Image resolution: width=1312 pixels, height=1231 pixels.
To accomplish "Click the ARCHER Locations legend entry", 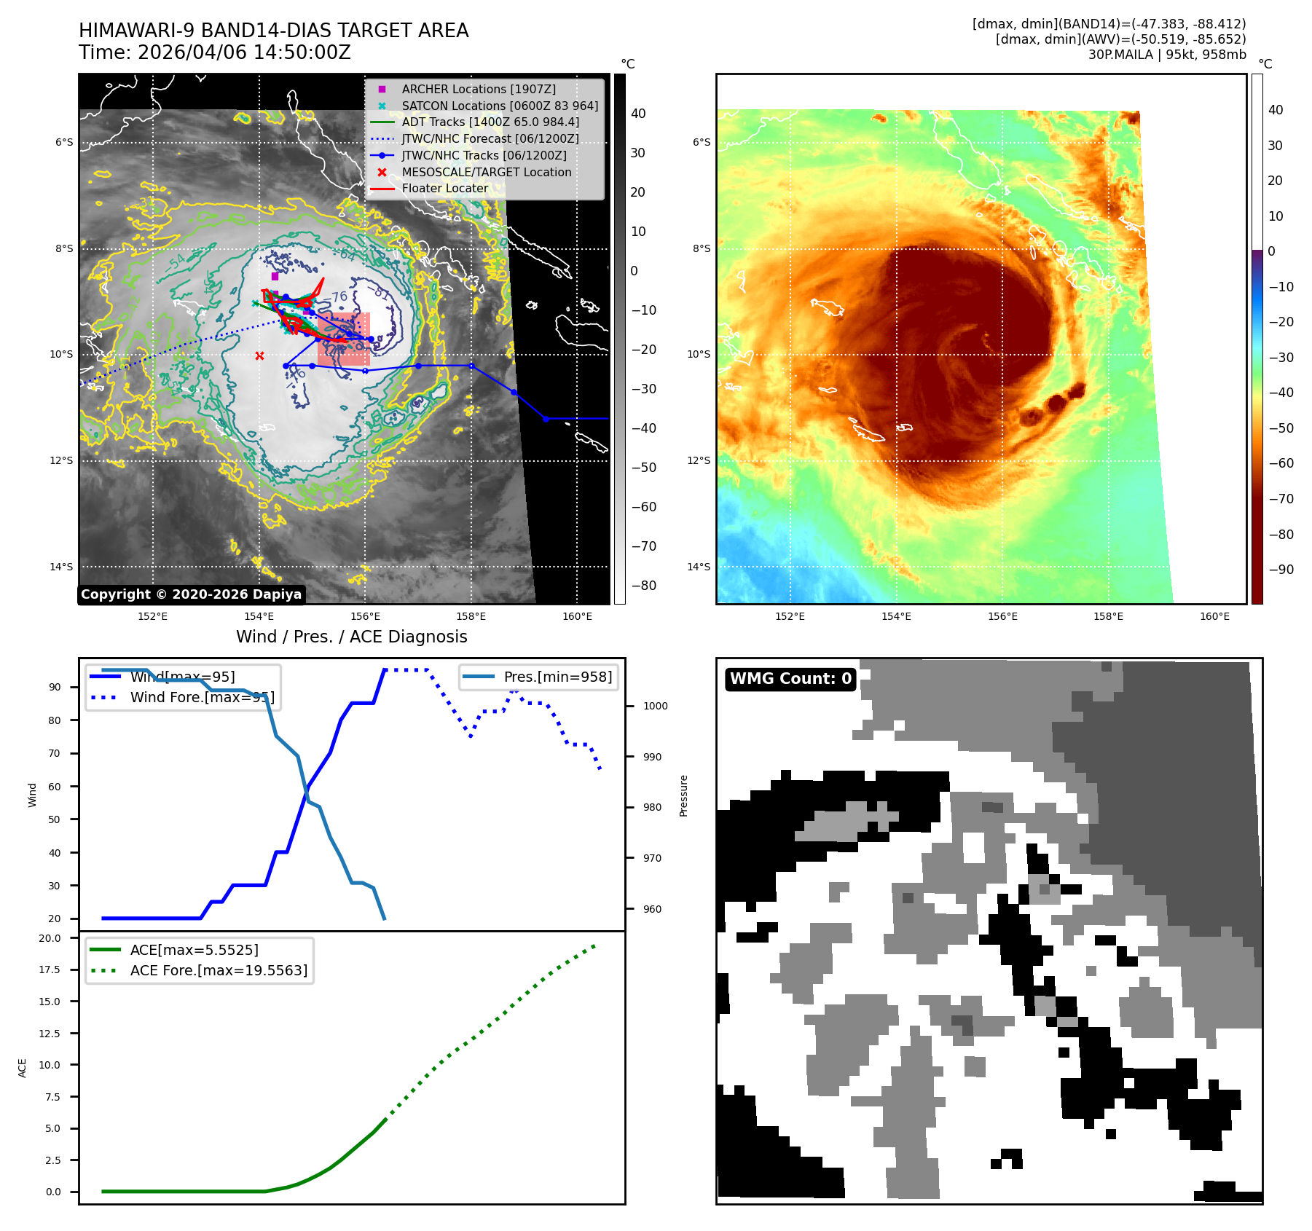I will click(x=478, y=89).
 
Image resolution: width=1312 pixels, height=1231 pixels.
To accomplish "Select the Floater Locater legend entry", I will click(x=444, y=188).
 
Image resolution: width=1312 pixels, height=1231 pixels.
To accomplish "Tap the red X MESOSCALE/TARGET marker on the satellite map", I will click(x=260, y=355).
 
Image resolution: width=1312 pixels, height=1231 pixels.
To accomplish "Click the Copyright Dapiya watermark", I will click(x=191, y=594).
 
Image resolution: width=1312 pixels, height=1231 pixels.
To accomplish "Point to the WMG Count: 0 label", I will click(x=790, y=679).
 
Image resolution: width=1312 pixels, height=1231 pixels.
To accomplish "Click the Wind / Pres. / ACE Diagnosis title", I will click(x=351, y=637).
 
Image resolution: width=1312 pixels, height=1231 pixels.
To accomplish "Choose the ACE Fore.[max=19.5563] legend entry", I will click(x=219, y=970).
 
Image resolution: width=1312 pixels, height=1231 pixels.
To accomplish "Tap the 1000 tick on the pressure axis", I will click(x=655, y=706).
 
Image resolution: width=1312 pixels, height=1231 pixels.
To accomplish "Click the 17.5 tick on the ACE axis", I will click(x=50, y=970).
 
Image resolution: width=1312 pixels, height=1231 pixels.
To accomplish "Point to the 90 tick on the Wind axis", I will click(x=55, y=687).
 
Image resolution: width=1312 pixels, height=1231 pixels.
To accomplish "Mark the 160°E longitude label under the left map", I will click(x=577, y=616).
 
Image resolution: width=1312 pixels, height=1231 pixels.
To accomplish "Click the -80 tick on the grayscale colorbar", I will click(x=643, y=586).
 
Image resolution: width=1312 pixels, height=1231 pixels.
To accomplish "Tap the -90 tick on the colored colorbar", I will click(x=1281, y=570).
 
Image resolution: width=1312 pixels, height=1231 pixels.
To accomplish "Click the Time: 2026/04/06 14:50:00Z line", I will click(x=215, y=52).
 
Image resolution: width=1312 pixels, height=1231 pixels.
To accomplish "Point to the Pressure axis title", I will click(x=683, y=795).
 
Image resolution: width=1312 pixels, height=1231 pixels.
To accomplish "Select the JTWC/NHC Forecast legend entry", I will click(x=490, y=138).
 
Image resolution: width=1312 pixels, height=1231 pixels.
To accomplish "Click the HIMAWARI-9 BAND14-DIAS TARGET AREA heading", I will click(x=273, y=31).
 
